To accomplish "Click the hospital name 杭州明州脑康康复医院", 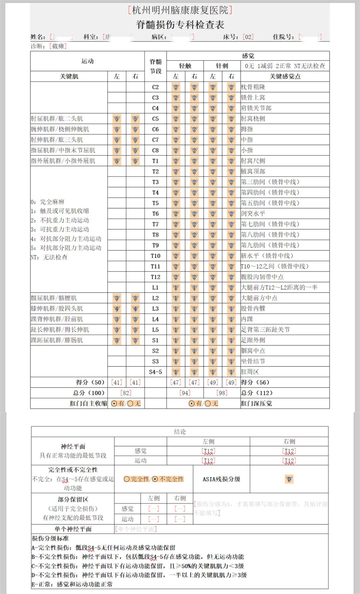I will pyautogui.click(x=180, y=10).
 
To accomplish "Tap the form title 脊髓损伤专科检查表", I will pyautogui.click(x=180, y=24).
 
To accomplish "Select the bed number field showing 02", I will pyautogui.click(x=248, y=37).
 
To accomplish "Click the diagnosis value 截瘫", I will pyautogui.click(x=58, y=46).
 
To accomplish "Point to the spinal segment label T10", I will pyautogui.click(x=155, y=256).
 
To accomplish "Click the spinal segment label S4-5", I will pyautogui.click(x=155, y=372).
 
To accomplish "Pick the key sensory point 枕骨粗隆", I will pyautogui.click(x=253, y=87).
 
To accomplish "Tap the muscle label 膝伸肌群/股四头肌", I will pyautogui.click(x=57, y=308).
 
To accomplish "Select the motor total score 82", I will pyautogui.click(x=126, y=393).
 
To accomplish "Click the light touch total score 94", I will pyautogui.click(x=185, y=393).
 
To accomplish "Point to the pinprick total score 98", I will pyautogui.click(x=222, y=393).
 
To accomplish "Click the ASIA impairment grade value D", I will pyautogui.click(x=289, y=479).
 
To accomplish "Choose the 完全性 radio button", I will pyautogui.click(x=127, y=479).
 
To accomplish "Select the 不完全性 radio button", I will pyautogui.click(x=155, y=479).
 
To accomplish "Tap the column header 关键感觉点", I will pyautogui.click(x=285, y=76).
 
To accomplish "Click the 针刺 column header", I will pyautogui.click(x=222, y=66).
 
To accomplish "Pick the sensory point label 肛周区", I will pyautogui.click(x=250, y=372).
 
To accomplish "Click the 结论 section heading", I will pyautogui.click(x=180, y=432).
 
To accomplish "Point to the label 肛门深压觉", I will pyautogui.click(x=256, y=403).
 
